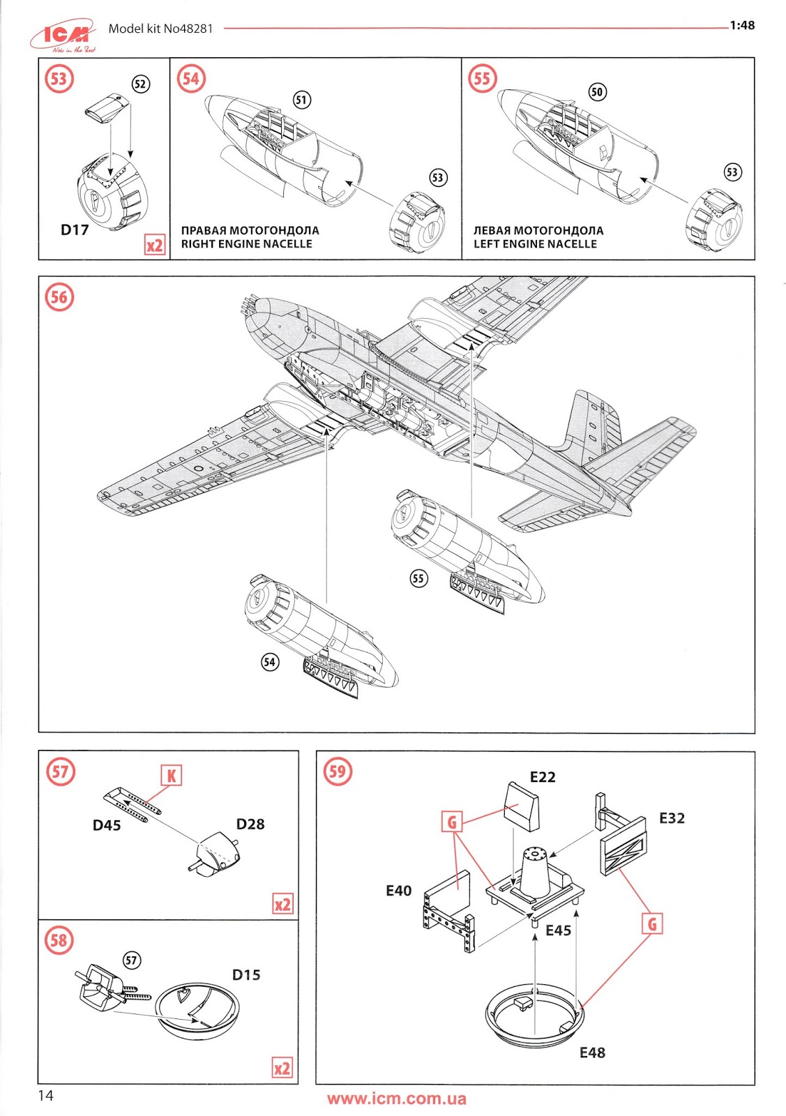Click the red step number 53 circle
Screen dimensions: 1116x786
(59, 78)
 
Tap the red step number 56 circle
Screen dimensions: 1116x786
(59, 297)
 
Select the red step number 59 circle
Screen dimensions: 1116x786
(337, 771)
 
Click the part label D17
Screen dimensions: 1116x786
(75, 230)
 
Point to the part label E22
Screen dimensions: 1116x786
(542, 777)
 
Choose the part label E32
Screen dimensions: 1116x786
(672, 818)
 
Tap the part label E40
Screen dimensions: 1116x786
(398, 891)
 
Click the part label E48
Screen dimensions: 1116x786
(592, 1053)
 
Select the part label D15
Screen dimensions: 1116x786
(246, 975)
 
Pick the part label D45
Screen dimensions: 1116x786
(107, 826)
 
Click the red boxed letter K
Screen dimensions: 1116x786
(171, 776)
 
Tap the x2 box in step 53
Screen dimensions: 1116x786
(154, 245)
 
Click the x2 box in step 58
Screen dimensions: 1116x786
(282, 1069)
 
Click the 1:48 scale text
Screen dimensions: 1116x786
(742, 26)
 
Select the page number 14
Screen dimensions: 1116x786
(45, 1096)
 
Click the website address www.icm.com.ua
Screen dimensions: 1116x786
(396, 1099)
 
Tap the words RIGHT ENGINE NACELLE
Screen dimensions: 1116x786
(246, 244)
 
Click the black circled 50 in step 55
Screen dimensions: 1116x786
(597, 92)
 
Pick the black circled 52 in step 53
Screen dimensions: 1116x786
(141, 84)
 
